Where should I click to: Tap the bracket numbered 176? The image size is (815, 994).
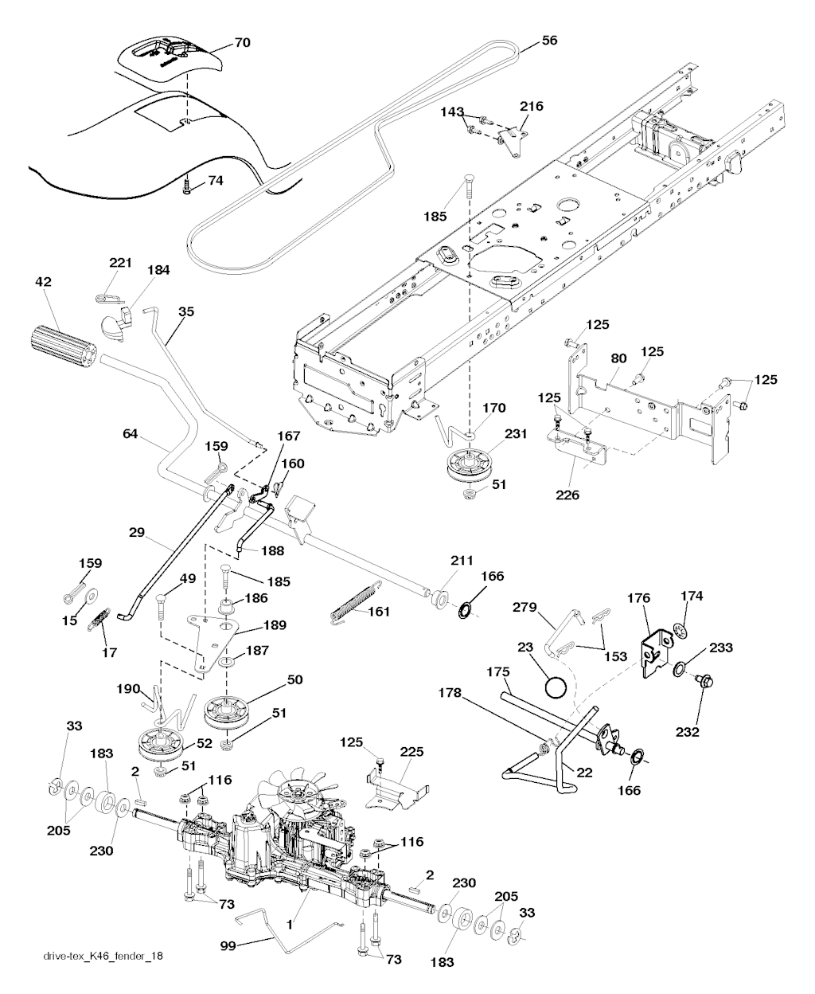point(659,652)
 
